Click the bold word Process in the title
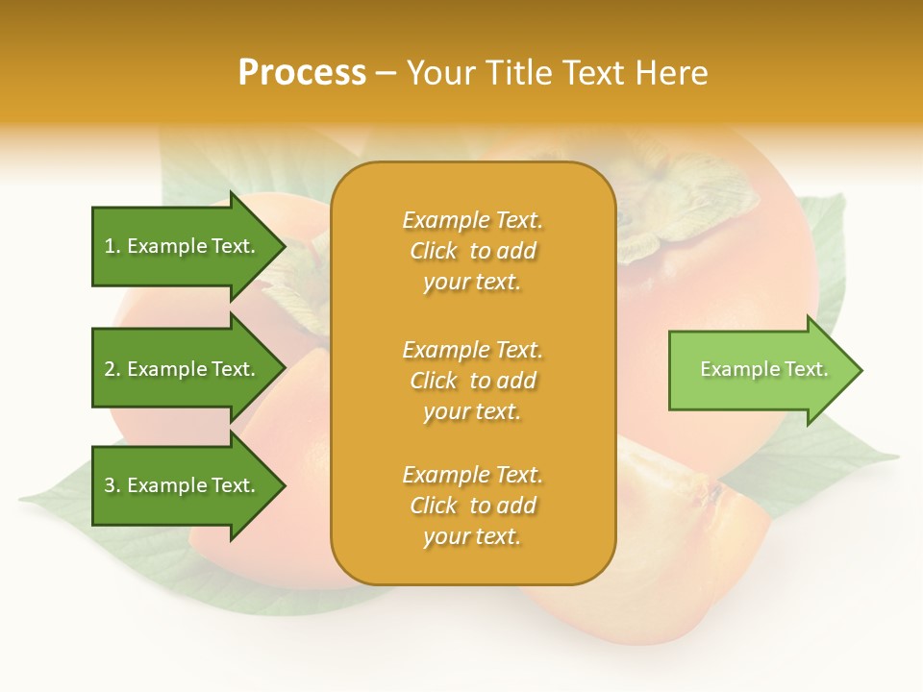[302, 73]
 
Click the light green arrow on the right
[760, 370]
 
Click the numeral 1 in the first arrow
[110, 247]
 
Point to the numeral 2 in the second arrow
[110, 370]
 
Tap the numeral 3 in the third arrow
[110, 486]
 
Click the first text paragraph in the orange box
[472, 251]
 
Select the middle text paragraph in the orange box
[472, 381]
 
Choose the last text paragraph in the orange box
[472, 506]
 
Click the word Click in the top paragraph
[434, 252]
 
